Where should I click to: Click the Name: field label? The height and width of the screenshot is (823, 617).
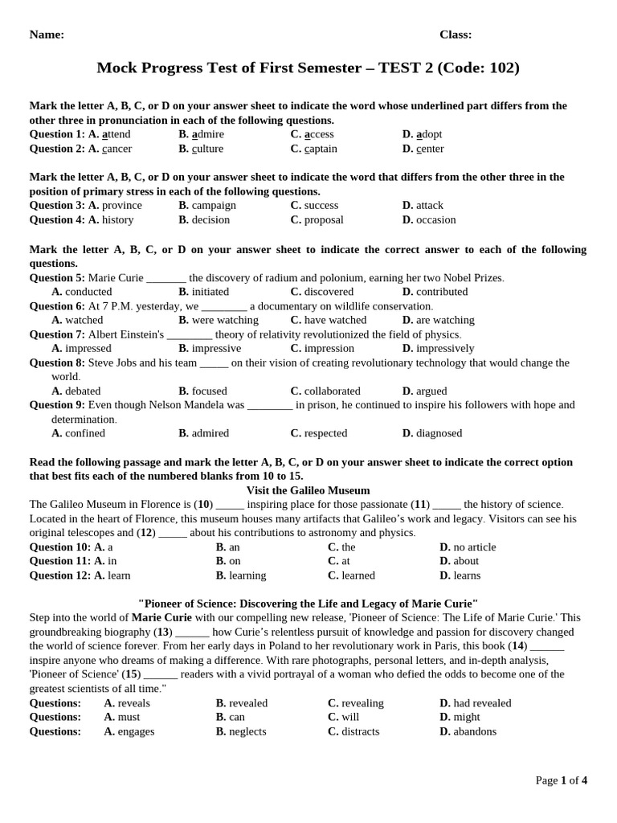click(47, 35)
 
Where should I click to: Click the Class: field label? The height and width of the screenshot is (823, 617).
click(456, 35)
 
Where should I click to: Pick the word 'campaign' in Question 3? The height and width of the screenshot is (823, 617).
click(214, 205)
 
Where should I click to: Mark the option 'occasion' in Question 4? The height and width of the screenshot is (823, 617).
click(435, 219)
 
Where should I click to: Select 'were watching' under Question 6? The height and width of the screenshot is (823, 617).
click(225, 320)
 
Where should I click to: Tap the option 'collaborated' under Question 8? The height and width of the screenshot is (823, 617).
click(332, 391)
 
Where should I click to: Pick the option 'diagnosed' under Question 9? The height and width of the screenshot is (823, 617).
click(439, 433)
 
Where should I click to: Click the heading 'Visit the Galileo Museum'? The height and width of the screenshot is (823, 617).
click(308, 490)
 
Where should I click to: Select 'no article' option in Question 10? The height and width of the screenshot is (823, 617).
click(474, 547)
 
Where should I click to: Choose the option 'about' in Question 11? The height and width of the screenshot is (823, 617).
click(465, 561)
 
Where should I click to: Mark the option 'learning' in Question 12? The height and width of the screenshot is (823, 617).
click(247, 575)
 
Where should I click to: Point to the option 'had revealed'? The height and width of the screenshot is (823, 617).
click(481, 703)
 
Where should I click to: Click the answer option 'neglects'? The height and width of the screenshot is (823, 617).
click(247, 731)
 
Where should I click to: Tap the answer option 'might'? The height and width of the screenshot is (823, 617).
click(466, 717)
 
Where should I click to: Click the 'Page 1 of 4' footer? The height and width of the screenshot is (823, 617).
click(561, 780)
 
